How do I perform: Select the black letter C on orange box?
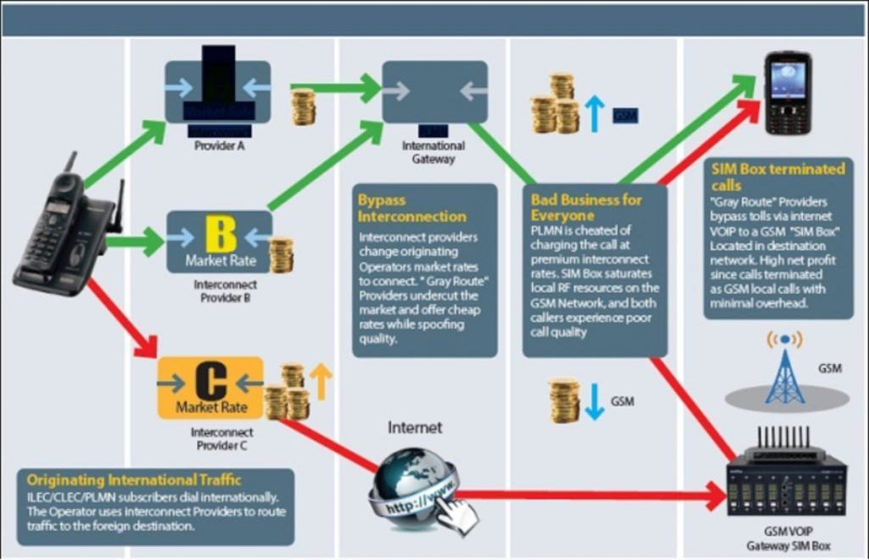pos(210,381)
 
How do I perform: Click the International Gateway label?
pos(434,152)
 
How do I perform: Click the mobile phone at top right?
pos(788,92)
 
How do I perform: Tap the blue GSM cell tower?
pos(785,369)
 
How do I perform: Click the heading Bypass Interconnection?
pos(412,208)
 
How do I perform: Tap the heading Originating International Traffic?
pos(133,480)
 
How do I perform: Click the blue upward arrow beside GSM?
pos(595,113)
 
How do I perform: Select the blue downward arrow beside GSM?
pos(596,400)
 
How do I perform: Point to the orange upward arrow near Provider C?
pos(320,383)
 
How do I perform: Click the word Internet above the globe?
pos(414,428)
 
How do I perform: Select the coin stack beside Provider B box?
pos(281,254)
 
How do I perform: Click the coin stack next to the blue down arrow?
pos(564,400)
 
